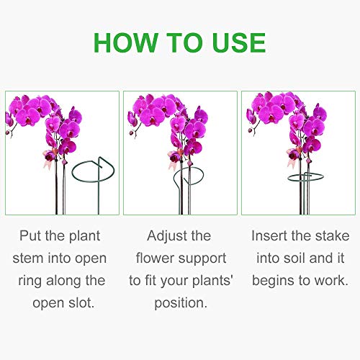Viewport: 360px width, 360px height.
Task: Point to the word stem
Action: pos(32,258)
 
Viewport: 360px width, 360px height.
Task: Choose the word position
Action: pos(180,302)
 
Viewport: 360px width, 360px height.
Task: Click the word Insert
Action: pos(271,235)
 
